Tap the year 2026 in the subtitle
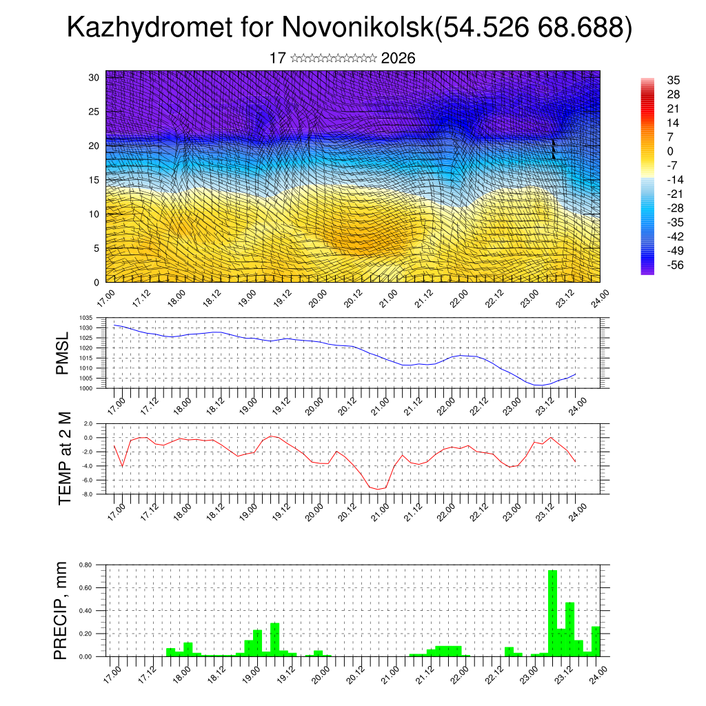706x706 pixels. (x=398, y=59)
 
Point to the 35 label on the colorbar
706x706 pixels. (x=674, y=80)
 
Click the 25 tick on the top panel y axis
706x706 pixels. (x=94, y=111)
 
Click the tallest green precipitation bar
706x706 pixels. (x=552, y=612)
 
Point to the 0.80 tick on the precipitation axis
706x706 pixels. (x=85, y=565)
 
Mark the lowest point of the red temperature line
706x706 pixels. (x=378, y=489)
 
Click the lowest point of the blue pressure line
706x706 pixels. (x=541, y=385)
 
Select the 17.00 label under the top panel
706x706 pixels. (x=105, y=298)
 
